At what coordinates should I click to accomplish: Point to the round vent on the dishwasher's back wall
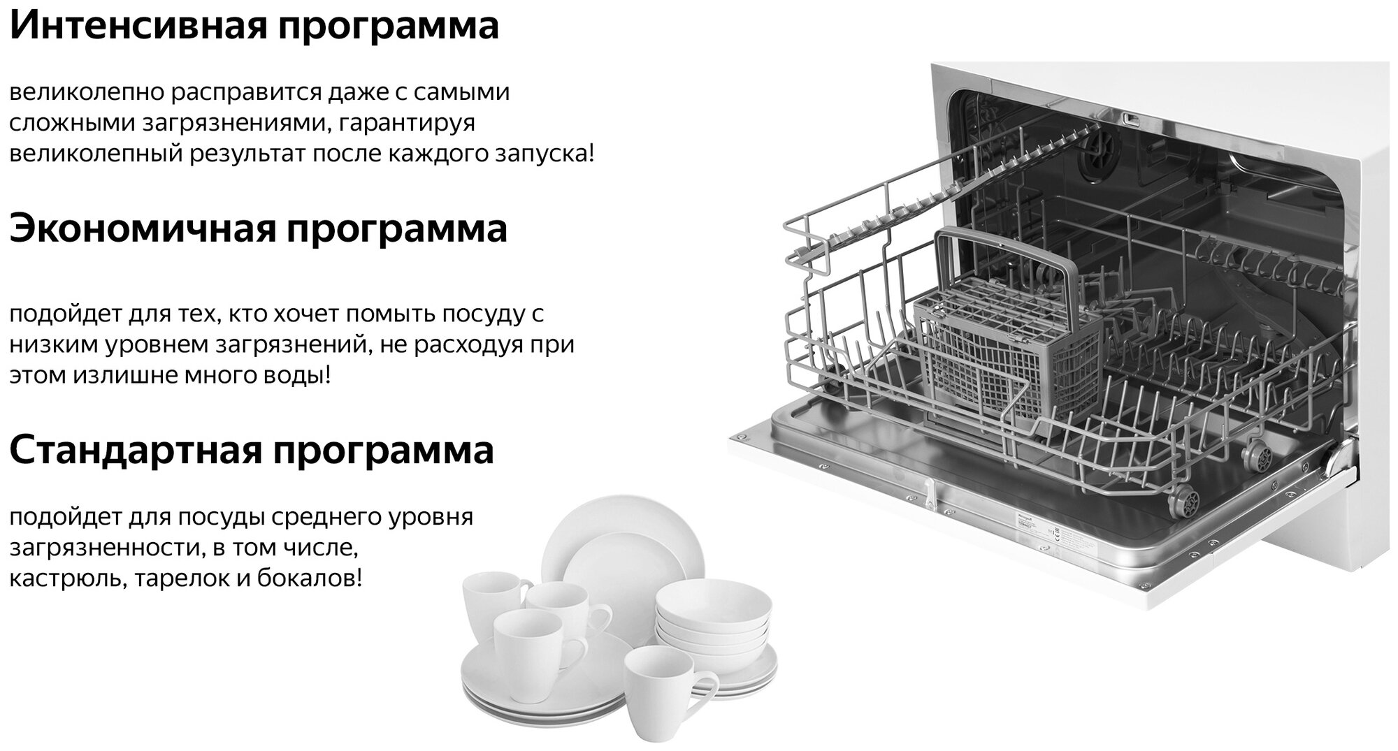point(1098,154)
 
